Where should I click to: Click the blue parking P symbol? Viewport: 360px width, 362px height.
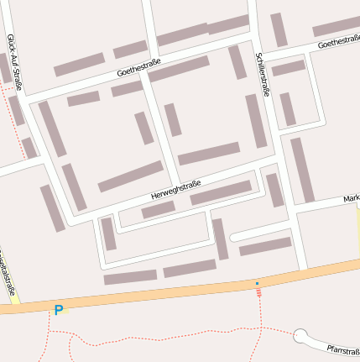[58, 310]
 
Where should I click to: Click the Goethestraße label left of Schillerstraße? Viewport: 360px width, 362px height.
[139, 67]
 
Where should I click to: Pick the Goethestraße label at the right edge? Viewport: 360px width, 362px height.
[338, 41]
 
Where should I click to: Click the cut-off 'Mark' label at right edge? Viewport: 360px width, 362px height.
[351, 199]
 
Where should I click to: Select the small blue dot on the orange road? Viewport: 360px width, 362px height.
[258, 284]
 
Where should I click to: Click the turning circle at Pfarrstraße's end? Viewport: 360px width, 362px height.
[300, 337]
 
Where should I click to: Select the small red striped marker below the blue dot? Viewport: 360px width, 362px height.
[258, 292]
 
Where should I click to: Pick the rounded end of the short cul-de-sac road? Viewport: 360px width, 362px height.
[235, 237]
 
